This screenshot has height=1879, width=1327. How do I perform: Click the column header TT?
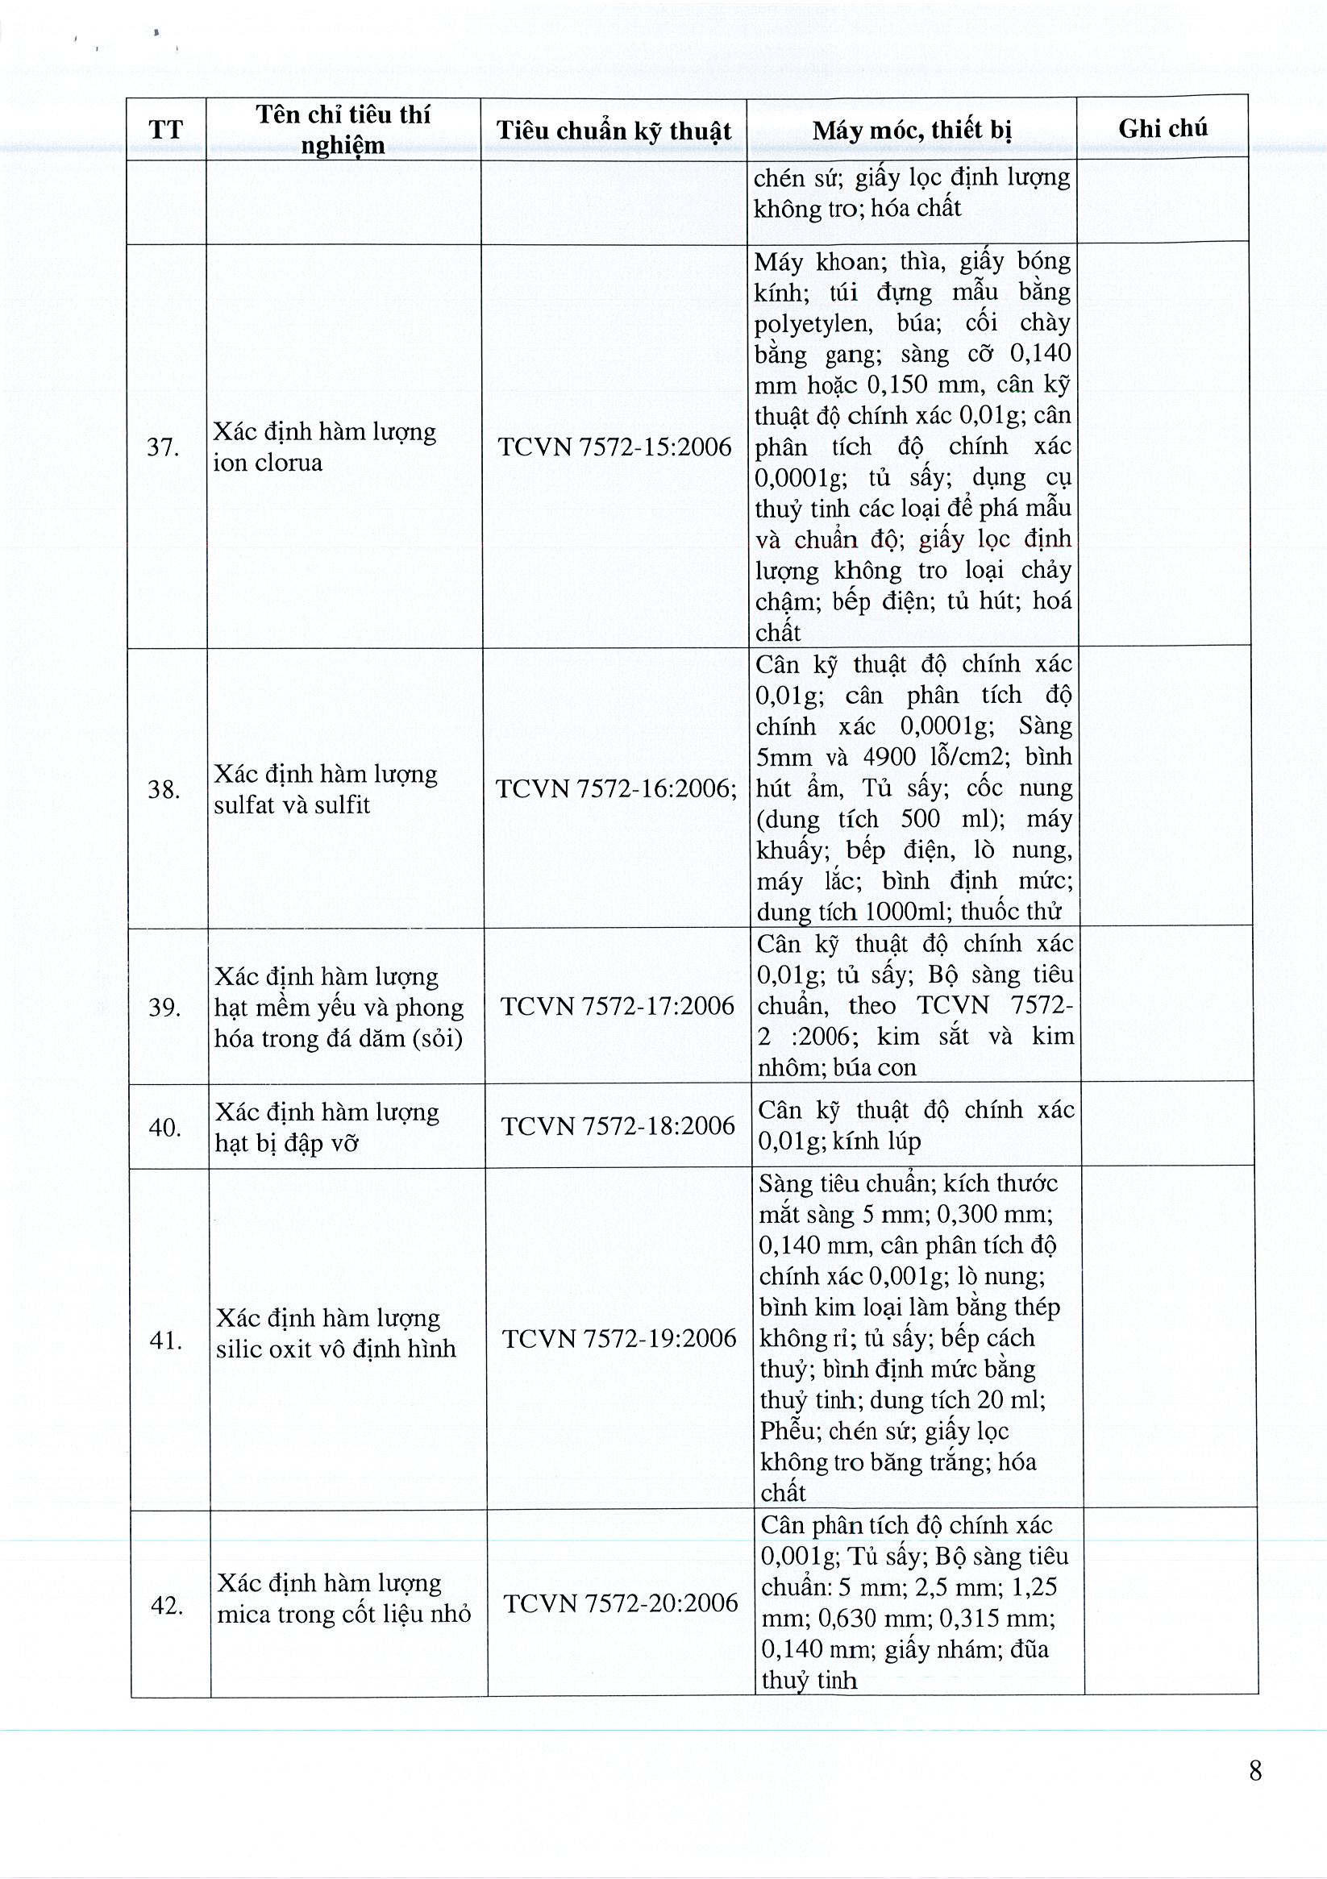click(166, 130)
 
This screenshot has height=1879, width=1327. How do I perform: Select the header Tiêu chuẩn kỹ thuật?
click(614, 131)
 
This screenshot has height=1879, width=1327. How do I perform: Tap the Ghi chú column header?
click(1163, 127)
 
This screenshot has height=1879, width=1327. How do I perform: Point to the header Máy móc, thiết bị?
click(912, 129)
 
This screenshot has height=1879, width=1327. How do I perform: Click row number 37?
click(163, 447)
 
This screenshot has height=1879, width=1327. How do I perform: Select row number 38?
click(164, 789)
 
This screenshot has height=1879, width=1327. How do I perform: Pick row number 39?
click(164, 1007)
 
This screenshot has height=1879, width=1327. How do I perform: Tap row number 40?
click(164, 1127)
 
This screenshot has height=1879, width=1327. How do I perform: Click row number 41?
click(165, 1340)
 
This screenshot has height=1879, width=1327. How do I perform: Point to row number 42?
click(166, 1606)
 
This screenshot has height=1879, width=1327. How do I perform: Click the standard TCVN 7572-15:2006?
click(614, 447)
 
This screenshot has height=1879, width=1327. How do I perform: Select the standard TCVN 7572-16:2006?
click(616, 788)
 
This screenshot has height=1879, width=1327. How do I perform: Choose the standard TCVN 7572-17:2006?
click(618, 1006)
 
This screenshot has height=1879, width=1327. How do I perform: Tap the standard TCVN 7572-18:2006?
click(618, 1126)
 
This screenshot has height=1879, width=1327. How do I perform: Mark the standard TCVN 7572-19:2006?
click(619, 1339)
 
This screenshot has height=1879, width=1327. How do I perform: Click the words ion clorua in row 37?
click(268, 464)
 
